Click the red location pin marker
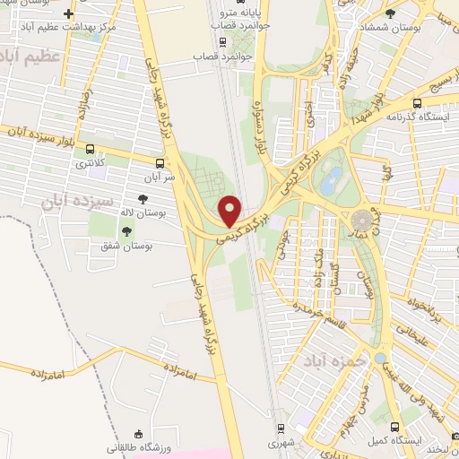coord(230,210)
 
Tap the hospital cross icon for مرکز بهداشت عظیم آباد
coord(69,13)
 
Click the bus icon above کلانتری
coord(90,150)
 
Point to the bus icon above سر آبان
coord(160,163)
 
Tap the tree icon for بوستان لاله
coord(142,199)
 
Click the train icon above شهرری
coord(281,429)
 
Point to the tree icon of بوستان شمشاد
coord(389,13)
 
